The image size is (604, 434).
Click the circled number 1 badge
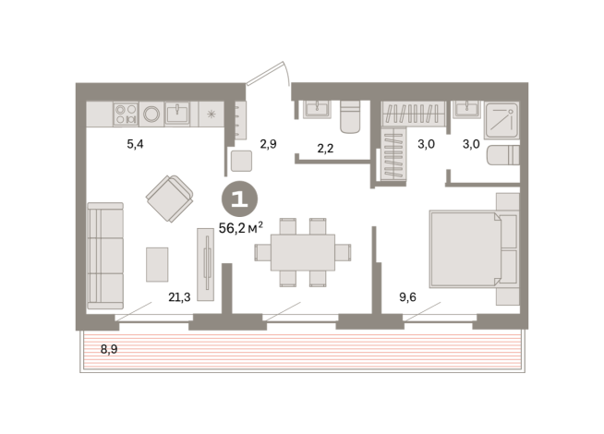[239, 199]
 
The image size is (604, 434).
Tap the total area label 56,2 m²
[241, 228]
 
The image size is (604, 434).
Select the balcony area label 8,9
[109, 349]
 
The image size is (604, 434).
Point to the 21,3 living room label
[179, 297]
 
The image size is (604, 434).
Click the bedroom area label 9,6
[407, 297]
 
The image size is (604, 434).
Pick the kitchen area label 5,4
[135, 144]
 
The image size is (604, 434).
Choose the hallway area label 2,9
[268, 144]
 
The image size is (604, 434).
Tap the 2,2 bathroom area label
[325, 149]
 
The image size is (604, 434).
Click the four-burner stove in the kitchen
[126, 114]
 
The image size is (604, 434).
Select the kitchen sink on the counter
[177, 114]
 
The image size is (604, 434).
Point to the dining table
[303, 252]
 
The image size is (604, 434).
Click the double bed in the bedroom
[465, 249]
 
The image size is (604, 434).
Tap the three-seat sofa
[105, 256]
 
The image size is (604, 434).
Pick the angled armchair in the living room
[170, 199]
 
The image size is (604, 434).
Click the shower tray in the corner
[501, 120]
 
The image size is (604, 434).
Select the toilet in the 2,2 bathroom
[350, 117]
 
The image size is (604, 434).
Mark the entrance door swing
[268, 74]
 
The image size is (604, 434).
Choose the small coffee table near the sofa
[157, 265]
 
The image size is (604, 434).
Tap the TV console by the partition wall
[205, 264]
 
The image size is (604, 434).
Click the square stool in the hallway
[242, 161]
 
